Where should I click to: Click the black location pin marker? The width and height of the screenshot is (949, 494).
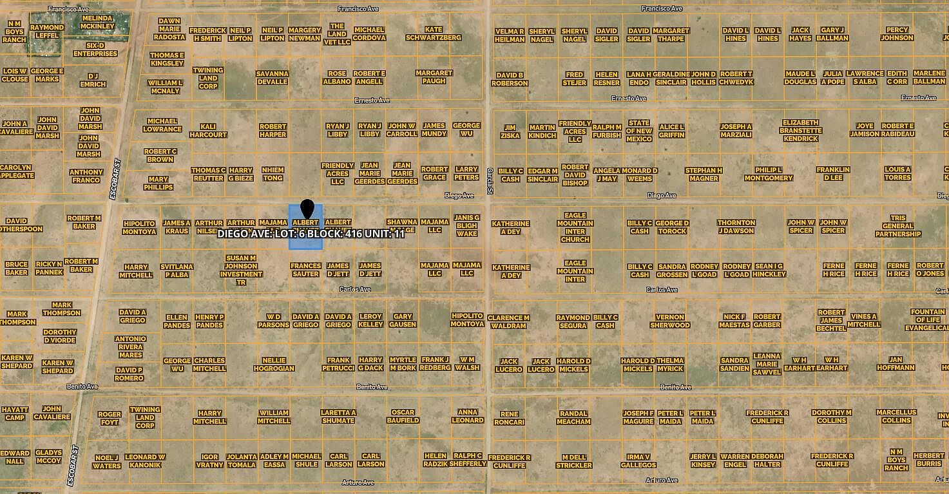(x=307, y=209)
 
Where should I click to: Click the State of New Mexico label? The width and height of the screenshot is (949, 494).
(x=639, y=131)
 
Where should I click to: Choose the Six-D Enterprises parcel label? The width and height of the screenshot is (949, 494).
(x=95, y=50)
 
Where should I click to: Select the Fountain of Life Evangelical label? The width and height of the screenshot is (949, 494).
(x=928, y=320)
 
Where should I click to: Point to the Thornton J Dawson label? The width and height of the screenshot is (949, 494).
(x=736, y=227)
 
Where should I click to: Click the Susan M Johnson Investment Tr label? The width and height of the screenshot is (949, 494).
(x=240, y=270)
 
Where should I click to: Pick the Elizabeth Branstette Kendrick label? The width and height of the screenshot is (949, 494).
(x=800, y=130)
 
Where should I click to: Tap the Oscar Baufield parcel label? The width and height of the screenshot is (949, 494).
(x=403, y=416)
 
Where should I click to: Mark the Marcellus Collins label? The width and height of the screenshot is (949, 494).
(x=896, y=416)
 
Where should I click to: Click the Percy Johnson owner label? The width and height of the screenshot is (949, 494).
(x=897, y=33)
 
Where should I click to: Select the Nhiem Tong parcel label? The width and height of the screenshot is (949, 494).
(x=273, y=173)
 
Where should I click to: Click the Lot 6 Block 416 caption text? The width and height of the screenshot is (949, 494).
(x=311, y=233)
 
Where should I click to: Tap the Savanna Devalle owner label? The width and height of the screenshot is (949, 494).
(x=272, y=77)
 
